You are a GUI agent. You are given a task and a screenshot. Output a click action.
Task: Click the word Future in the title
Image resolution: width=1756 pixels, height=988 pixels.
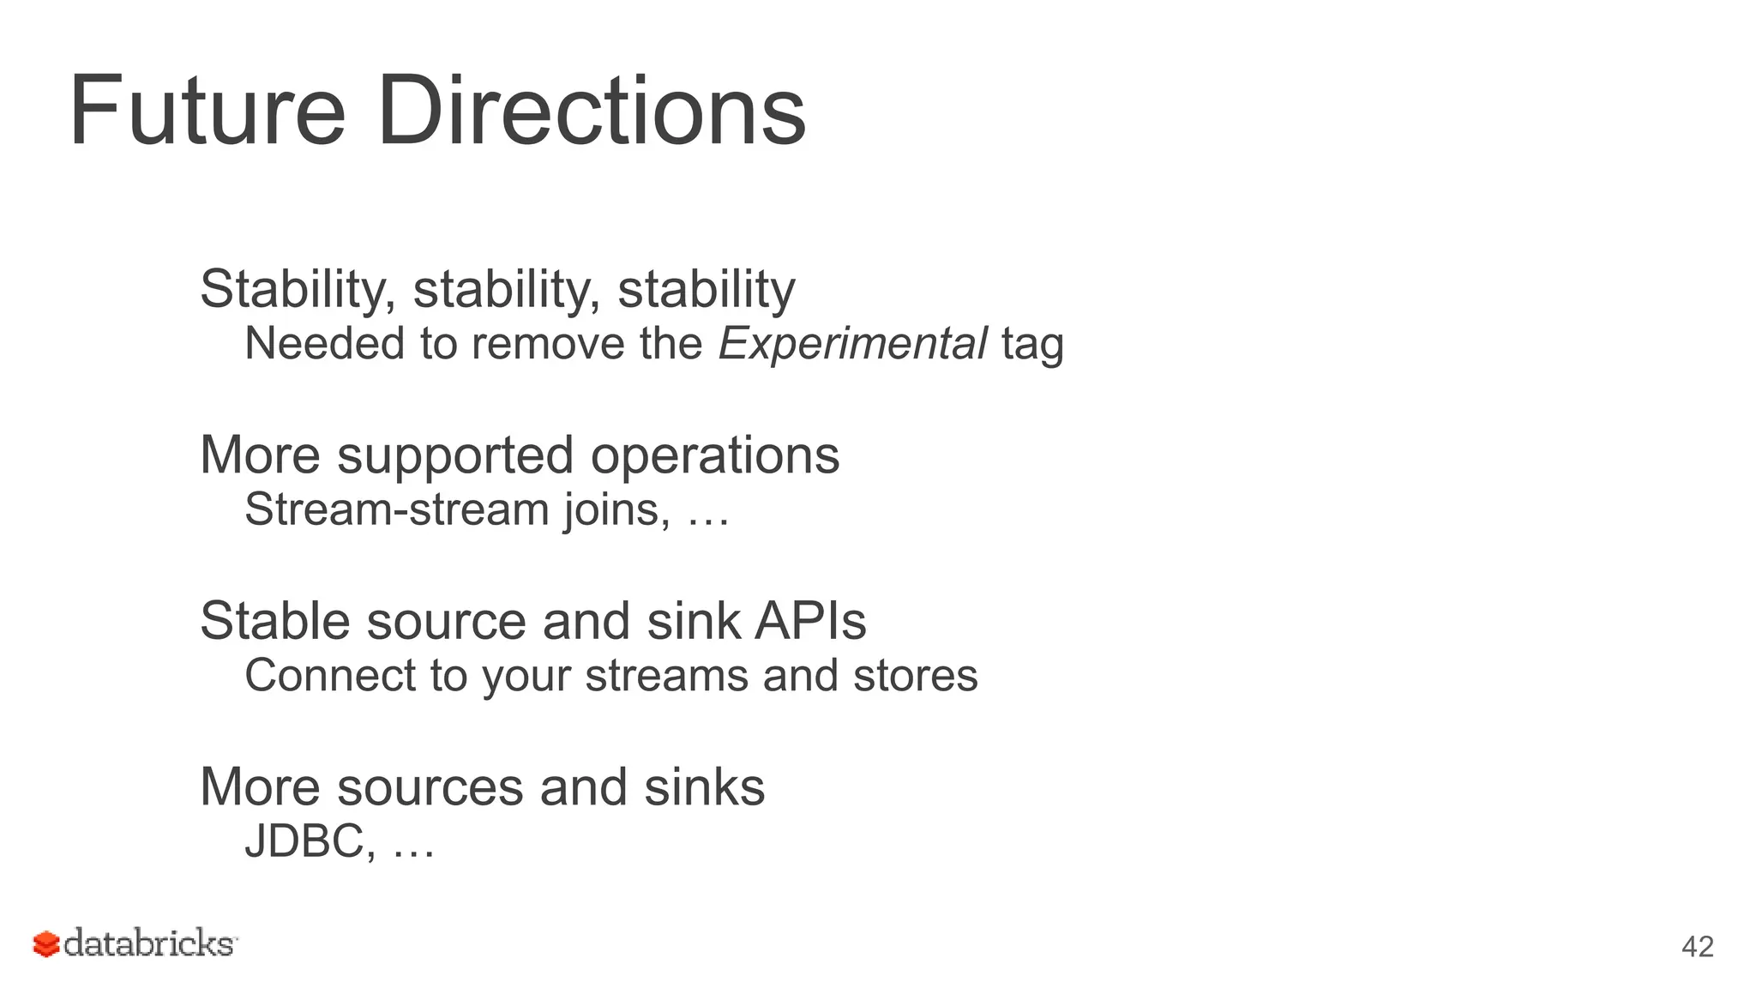207,111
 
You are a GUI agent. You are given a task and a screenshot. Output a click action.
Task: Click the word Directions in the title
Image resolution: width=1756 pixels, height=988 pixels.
591,111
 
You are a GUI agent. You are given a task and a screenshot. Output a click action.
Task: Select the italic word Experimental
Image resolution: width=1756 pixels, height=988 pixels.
852,344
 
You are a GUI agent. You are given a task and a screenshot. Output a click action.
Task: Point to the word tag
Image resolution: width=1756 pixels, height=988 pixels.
1032,346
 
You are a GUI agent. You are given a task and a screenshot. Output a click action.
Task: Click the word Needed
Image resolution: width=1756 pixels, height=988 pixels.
325,344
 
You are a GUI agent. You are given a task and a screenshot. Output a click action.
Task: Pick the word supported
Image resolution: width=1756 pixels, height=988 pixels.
454,456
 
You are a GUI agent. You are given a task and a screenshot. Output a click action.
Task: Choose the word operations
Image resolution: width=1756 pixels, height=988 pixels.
715,456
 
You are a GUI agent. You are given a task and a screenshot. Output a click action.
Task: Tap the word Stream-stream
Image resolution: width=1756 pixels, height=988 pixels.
397,509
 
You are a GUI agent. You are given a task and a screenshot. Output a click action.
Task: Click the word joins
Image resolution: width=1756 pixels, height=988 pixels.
617,511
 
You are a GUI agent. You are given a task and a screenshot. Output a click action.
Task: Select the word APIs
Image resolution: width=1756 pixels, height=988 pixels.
810,621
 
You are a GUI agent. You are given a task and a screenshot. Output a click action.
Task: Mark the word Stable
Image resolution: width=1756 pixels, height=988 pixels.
275,621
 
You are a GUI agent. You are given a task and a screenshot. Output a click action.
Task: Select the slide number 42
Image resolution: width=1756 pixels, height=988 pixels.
1697,947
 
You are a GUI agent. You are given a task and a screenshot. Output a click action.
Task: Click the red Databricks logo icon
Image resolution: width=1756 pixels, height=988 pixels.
46,944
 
